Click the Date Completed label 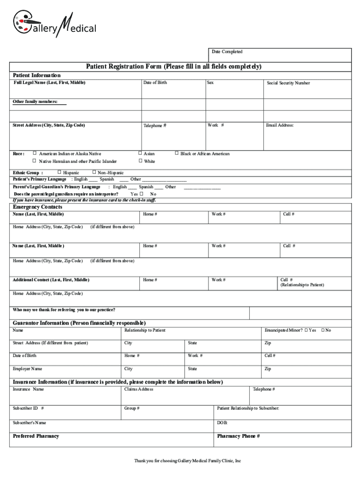tap(227, 52)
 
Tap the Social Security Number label tap(288, 83)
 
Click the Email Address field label tap(280, 125)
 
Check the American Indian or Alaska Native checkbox tap(34, 153)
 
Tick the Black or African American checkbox tap(176, 153)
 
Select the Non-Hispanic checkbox tap(94, 173)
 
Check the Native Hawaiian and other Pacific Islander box tap(34, 161)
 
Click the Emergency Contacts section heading tap(37, 207)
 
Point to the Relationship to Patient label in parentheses tap(302, 285)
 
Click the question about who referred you tap(64, 310)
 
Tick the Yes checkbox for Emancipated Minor tap(306, 330)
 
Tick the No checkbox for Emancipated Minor tap(323, 330)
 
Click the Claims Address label tap(138, 389)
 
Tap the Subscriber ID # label tap(29, 408)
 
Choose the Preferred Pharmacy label tap(36, 436)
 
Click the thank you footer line tap(187, 461)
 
